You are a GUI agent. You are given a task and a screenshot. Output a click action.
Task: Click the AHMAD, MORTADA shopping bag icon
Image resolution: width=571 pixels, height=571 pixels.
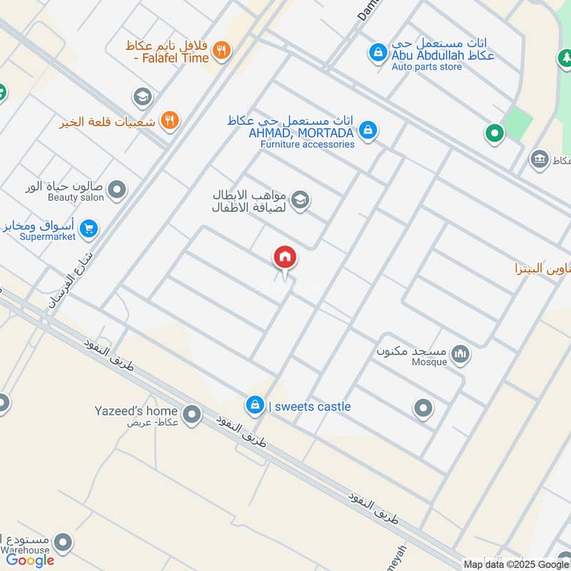pos(368,130)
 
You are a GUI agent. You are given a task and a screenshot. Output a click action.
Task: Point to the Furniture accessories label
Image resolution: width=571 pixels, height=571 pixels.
pos(307,144)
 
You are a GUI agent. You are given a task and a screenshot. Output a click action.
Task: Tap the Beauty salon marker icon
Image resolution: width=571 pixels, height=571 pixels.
pos(117,191)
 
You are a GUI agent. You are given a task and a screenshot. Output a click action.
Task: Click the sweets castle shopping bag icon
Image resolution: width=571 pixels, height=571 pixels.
pos(253,405)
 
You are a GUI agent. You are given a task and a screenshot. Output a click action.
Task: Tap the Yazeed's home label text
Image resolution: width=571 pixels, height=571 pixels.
pos(136,410)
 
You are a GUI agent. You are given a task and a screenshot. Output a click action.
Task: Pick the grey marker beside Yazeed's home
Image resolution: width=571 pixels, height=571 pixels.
pos(191,413)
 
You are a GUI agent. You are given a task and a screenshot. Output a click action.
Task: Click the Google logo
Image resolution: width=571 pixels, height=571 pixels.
pos(30,560)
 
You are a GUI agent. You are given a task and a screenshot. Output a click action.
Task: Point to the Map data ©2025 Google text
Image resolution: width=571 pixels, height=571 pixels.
pos(516,564)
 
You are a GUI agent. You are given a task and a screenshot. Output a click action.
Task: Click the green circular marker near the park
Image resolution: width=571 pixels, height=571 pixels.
pos(493,132)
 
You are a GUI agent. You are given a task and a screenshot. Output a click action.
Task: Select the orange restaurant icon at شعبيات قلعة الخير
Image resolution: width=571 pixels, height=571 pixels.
pos(169,120)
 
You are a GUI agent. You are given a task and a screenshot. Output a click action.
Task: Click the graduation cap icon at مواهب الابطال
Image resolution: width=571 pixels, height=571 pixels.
pos(300,201)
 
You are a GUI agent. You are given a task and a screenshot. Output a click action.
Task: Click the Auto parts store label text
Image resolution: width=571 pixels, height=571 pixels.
pos(426,67)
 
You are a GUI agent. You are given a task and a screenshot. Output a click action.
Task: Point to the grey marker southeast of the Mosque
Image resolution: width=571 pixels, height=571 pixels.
pos(423,408)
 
